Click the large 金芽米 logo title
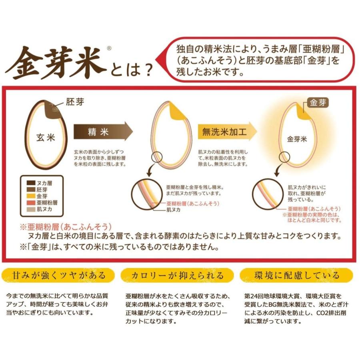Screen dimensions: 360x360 pos(56,63)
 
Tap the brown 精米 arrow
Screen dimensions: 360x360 pos(102,131)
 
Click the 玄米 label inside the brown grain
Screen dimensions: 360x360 pos(45,138)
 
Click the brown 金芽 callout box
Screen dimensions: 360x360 pos(318,103)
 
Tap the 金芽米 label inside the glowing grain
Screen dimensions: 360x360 pos(297,140)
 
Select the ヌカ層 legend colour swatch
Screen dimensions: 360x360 pos(28,183)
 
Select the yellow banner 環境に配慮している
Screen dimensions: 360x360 pos(297,276)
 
